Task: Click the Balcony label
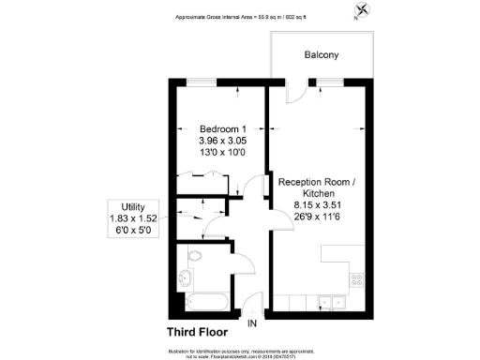pyautogui.click(x=321, y=55)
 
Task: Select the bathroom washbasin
pyautogui.click(x=186, y=278)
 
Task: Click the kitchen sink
pyautogui.click(x=328, y=300)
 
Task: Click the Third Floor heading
pyautogui.click(x=199, y=332)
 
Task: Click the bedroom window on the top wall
pyautogui.click(x=198, y=82)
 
